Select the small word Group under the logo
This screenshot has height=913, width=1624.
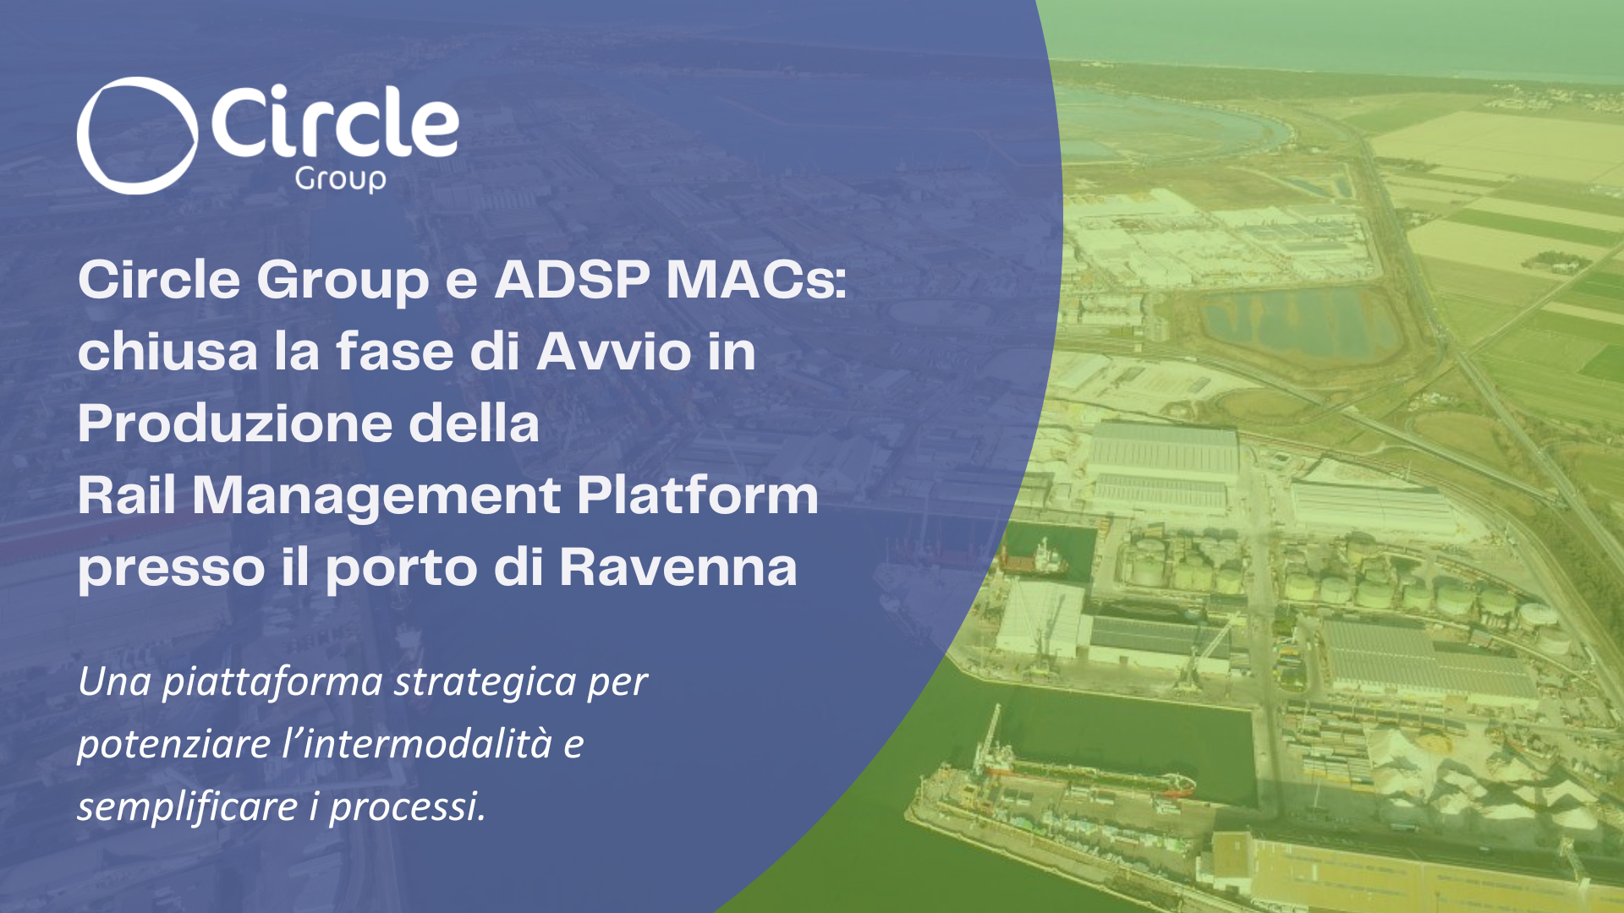tap(341, 180)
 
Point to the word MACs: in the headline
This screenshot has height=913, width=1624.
tap(756, 279)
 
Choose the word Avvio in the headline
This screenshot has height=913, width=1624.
tap(614, 351)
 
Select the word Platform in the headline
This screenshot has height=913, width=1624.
tap(698, 495)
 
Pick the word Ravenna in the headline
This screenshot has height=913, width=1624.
tap(678, 566)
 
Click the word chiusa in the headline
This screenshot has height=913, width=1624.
tap(168, 351)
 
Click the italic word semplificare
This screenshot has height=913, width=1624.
tap(188, 806)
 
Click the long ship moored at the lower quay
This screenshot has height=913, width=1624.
tap(1083, 774)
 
